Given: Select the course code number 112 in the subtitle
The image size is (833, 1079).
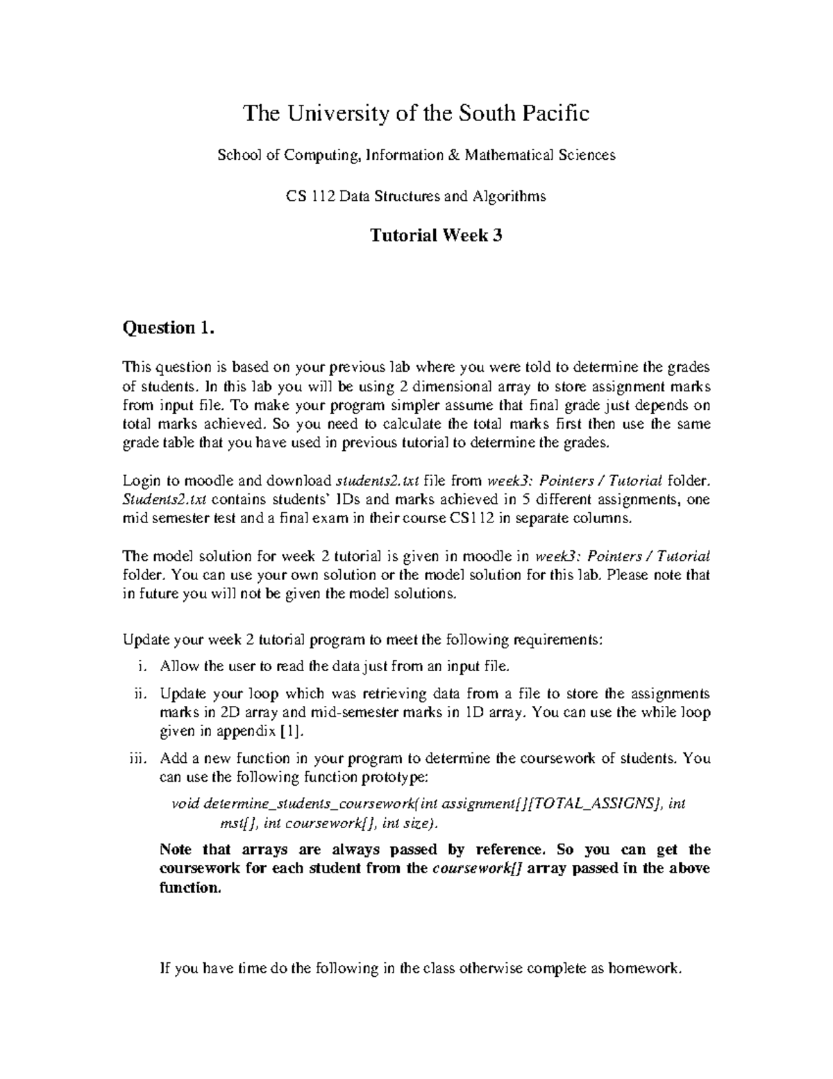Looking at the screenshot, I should point(316,197).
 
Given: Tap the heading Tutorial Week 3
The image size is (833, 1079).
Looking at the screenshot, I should point(436,236).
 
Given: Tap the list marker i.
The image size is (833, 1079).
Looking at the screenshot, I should point(142,667).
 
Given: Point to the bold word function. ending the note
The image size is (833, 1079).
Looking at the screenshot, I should point(190,887).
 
